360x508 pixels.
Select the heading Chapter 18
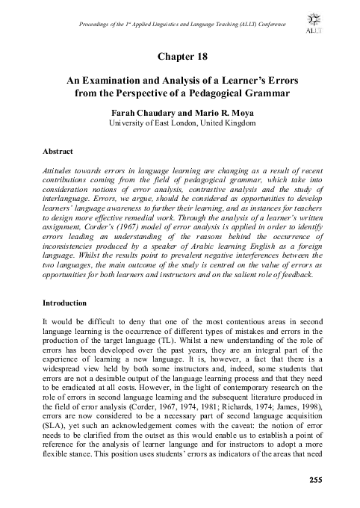coord(179,57)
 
